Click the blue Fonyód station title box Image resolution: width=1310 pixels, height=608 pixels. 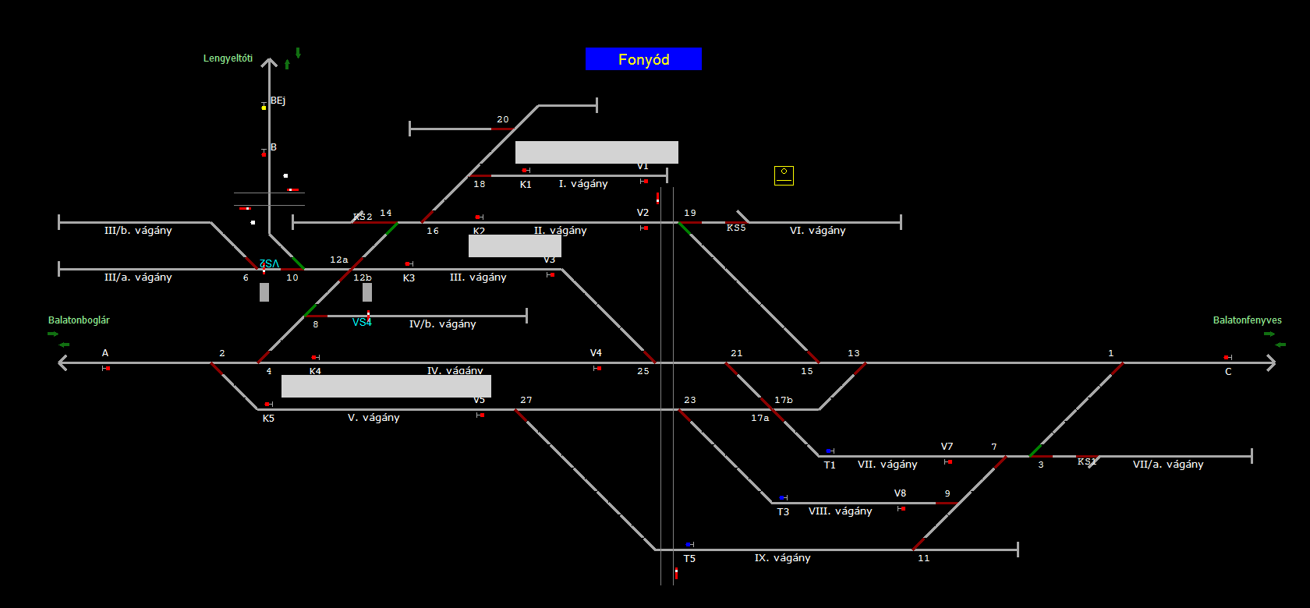click(x=643, y=59)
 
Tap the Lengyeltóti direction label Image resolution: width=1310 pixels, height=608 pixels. click(x=228, y=58)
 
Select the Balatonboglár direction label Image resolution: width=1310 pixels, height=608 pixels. click(x=79, y=320)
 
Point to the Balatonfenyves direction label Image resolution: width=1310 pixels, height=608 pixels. click(x=1247, y=320)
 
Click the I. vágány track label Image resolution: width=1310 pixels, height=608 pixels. click(x=582, y=184)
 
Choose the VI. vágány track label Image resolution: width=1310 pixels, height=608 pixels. click(x=817, y=231)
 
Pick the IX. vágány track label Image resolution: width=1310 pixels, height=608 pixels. click(x=782, y=558)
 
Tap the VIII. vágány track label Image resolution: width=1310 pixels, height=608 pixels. click(x=840, y=511)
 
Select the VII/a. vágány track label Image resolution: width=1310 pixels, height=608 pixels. click(x=1167, y=465)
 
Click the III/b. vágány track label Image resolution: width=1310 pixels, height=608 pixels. click(x=138, y=231)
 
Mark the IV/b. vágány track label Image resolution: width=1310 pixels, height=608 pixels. click(x=442, y=324)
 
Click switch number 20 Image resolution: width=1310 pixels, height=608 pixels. click(x=503, y=120)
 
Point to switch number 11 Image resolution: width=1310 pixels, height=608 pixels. click(x=924, y=558)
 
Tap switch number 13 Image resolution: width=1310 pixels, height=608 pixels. click(x=854, y=354)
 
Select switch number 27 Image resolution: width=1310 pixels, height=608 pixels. click(x=526, y=401)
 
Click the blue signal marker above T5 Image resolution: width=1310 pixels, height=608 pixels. click(x=689, y=544)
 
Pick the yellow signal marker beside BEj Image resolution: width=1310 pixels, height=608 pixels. click(x=264, y=107)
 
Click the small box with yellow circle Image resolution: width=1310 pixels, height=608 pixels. click(x=784, y=175)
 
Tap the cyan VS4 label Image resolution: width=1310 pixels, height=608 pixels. click(x=362, y=323)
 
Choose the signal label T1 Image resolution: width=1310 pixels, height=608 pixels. click(x=830, y=465)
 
